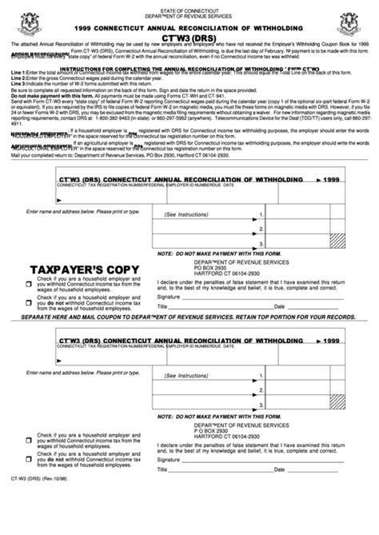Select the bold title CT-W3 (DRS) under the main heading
[189, 37]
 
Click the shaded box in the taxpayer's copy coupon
[337, 238]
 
